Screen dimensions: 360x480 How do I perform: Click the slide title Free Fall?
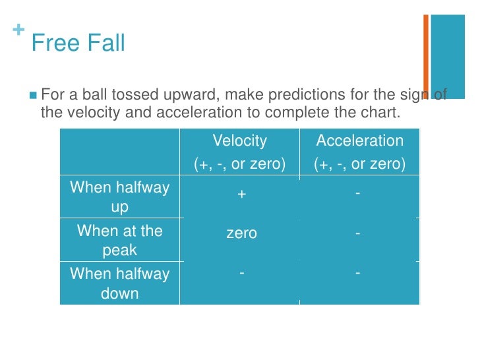pyautogui.click(x=78, y=44)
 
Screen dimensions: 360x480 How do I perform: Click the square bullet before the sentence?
pyautogui.click(x=33, y=96)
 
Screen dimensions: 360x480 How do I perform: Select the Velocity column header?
pyautogui.click(x=239, y=141)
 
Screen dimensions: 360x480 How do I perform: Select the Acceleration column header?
pyautogui.click(x=359, y=141)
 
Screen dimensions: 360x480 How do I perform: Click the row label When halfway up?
pyautogui.click(x=119, y=197)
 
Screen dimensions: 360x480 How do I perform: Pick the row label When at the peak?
pyautogui.click(x=119, y=241)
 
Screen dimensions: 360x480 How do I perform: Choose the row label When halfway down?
pyautogui.click(x=119, y=284)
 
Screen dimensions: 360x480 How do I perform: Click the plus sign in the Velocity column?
pyautogui.click(x=241, y=194)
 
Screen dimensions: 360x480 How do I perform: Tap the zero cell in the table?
pyautogui.click(x=241, y=233)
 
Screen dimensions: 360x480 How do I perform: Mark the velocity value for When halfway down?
pyautogui.click(x=241, y=272)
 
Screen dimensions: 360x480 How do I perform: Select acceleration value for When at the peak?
pyautogui.click(x=357, y=233)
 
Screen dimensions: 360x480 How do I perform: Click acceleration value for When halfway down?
pyautogui.click(x=357, y=272)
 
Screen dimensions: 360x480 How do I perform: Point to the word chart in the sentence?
pyautogui.click(x=381, y=113)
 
